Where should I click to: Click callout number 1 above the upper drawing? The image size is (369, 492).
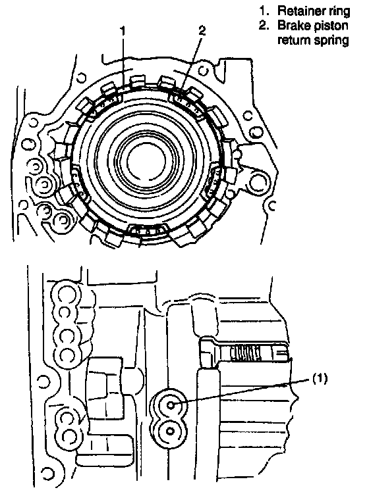(x=123, y=31)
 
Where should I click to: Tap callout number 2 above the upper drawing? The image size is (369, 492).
(x=202, y=30)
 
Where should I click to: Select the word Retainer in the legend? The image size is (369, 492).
(x=297, y=11)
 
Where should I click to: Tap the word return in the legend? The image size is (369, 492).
(x=293, y=40)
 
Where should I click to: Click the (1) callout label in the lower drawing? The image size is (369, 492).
(x=320, y=378)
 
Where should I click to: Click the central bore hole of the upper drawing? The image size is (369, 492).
(x=146, y=160)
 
